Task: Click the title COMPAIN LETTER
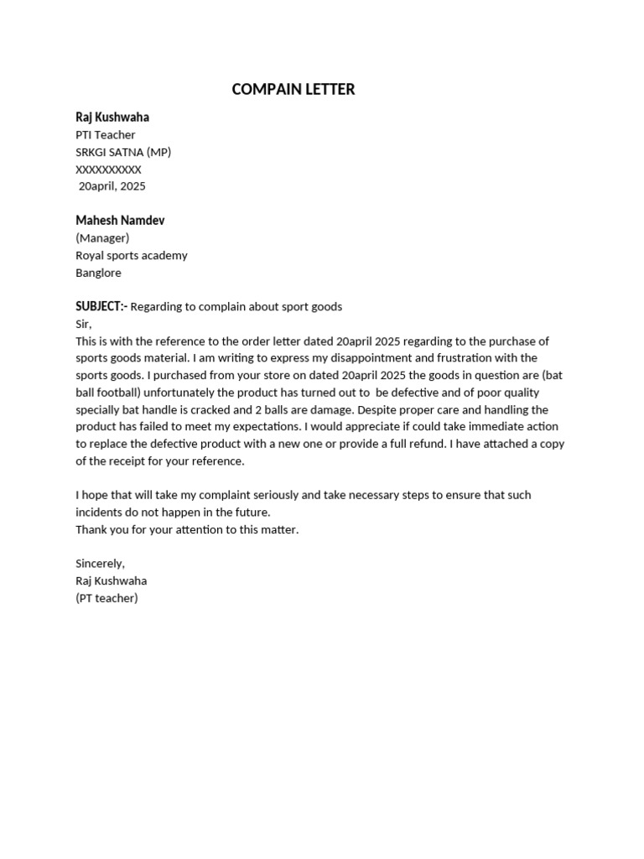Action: tap(293, 90)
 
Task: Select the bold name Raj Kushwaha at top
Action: tap(112, 117)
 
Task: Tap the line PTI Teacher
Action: tap(106, 135)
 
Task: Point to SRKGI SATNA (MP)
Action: tap(123, 152)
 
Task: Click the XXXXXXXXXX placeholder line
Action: tap(109, 169)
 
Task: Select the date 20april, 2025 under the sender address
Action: tap(112, 186)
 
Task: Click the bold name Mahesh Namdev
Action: tap(120, 221)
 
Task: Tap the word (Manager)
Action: tap(102, 238)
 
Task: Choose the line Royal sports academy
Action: tap(132, 255)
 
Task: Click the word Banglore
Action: tap(99, 273)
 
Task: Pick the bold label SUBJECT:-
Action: tap(101, 307)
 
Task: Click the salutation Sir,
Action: tap(84, 324)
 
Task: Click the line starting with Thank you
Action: tap(187, 529)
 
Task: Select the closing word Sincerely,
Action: tap(100, 564)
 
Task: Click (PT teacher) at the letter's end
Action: tap(106, 598)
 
